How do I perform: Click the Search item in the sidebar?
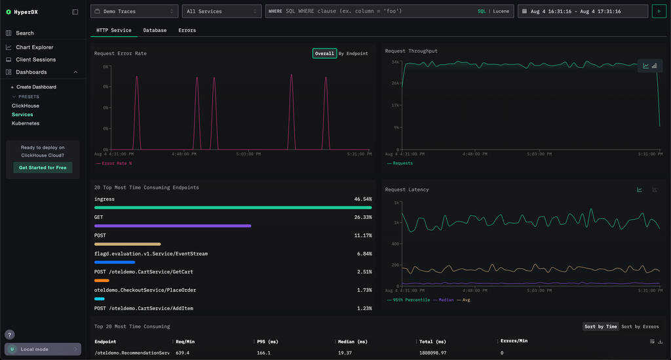tap(25, 33)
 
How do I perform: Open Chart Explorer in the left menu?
tap(34, 47)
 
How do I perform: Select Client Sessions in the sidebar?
tap(35, 60)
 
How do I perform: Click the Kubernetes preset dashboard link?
tap(26, 123)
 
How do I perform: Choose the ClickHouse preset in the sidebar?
tap(26, 106)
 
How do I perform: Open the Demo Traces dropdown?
tap(134, 11)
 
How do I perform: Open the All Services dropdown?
tap(221, 11)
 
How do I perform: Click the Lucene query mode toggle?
tap(501, 11)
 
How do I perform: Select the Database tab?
tap(155, 30)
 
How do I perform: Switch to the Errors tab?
tap(187, 30)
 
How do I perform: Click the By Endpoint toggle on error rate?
tap(353, 53)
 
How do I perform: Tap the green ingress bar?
tap(233, 207)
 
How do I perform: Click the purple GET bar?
tap(172, 226)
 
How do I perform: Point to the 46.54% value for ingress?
tap(362, 199)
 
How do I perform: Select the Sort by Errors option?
tap(640, 327)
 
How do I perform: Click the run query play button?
tap(658, 11)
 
